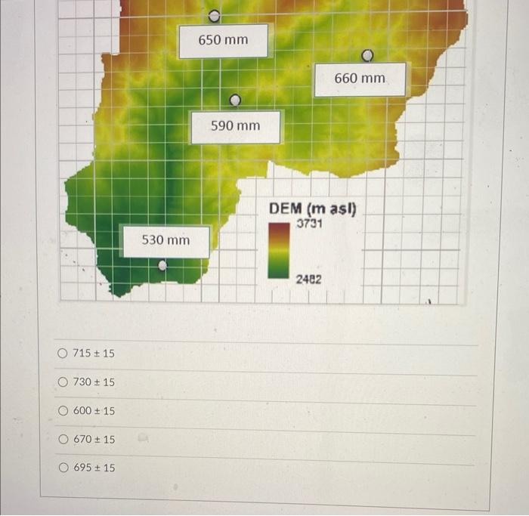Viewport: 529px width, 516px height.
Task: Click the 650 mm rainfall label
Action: (223, 40)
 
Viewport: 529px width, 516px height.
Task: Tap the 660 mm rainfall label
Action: (360, 79)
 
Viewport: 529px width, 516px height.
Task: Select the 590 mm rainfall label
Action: (235, 126)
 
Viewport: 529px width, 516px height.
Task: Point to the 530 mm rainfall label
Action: (166, 240)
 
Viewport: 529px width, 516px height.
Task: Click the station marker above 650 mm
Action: (215, 15)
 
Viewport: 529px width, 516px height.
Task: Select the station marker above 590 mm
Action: (235, 100)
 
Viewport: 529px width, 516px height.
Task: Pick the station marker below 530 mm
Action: (162, 265)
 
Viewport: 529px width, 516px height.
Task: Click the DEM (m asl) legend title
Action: (312, 209)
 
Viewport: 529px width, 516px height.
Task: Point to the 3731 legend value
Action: (310, 224)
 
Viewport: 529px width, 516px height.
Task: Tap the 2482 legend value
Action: (308, 280)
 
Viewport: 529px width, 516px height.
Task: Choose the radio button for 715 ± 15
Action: (63, 354)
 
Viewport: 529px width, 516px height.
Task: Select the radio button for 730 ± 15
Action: (63, 382)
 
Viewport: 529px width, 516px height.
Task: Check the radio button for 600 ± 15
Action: (63, 411)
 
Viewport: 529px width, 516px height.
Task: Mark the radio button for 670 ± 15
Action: (63, 439)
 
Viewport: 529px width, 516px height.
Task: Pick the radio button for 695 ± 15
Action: (63, 468)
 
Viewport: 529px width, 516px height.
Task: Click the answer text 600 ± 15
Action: (94, 411)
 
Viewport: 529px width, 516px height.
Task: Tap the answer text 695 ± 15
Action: (94, 468)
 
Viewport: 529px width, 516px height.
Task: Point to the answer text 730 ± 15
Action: (94, 382)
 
